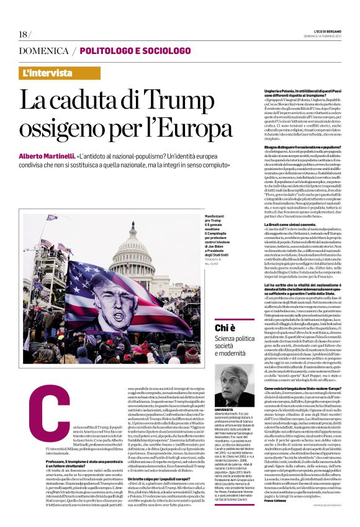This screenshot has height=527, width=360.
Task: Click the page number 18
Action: (24, 34)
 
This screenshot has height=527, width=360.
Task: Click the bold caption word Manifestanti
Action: (171, 215)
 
